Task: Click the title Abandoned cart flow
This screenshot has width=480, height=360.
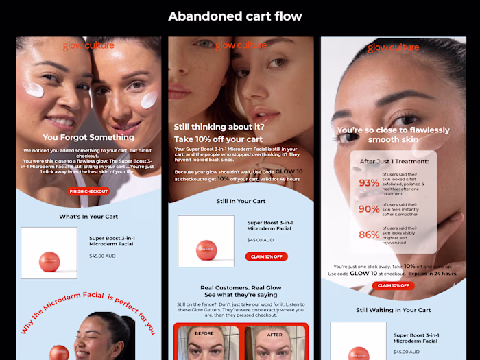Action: [235, 16]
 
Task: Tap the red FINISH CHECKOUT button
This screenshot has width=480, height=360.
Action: [88, 191]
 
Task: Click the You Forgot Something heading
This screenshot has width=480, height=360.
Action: [88, 137]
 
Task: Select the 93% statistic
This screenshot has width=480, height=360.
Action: [369, 183]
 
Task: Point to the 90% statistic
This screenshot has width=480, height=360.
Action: [369, 209]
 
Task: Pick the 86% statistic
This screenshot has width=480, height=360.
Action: [369, 235]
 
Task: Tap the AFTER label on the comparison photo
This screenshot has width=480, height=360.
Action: [274, 334]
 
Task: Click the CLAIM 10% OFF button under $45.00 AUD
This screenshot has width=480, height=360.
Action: [266, 256]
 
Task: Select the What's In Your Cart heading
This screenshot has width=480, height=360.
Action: [88, 217]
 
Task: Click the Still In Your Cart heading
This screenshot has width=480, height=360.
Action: [241, 201]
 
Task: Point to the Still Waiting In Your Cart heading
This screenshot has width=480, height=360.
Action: [393, 310]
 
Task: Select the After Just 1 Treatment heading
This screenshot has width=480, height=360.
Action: [394, 162]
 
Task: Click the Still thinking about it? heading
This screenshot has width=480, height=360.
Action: [219, 127]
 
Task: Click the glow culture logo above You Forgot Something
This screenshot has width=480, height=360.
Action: [88, 46]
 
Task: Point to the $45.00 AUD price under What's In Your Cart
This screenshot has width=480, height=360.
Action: [104, 255]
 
